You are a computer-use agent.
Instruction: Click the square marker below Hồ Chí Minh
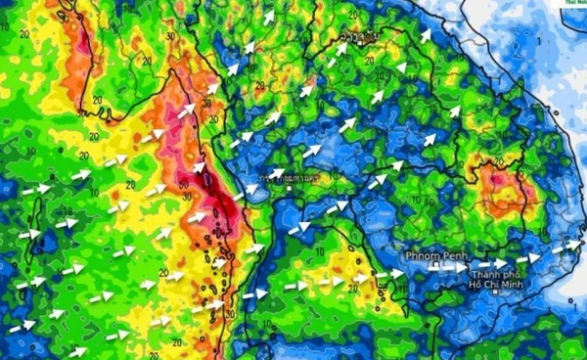tap(498, 292)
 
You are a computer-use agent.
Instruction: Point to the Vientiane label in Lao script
tap(363, 38)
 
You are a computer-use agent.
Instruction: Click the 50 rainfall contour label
tap(186, 185)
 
